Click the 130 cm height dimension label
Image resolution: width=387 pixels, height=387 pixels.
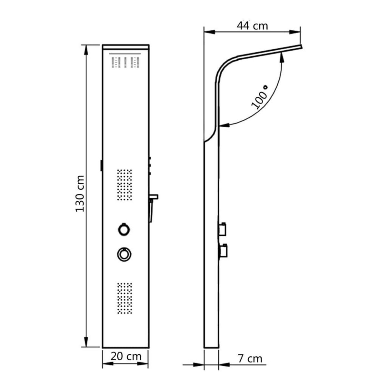tap(80, 193)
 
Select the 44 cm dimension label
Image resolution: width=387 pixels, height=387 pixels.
tap(252, 25)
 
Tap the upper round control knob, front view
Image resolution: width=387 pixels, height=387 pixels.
tap(124, 229)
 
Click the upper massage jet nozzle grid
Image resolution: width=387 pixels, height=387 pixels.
tap(124, 185)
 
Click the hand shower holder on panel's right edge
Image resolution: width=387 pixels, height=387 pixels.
tap(153, 206)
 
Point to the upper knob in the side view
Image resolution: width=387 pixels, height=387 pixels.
tap(223, 228)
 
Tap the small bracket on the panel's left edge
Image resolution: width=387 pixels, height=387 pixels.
tap(101, 165)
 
